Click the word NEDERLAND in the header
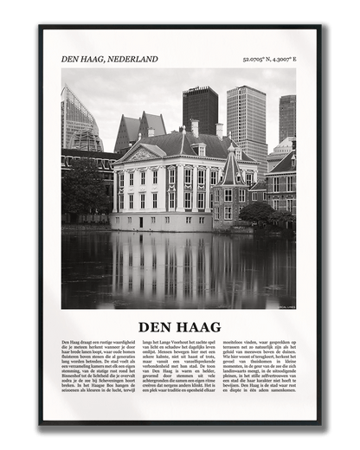coord(132,59)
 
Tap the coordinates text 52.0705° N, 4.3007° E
coord(268,60)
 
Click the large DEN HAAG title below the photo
coord(179,327)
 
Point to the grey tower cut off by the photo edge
coord(287,117)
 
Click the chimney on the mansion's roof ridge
coord(195,127)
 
